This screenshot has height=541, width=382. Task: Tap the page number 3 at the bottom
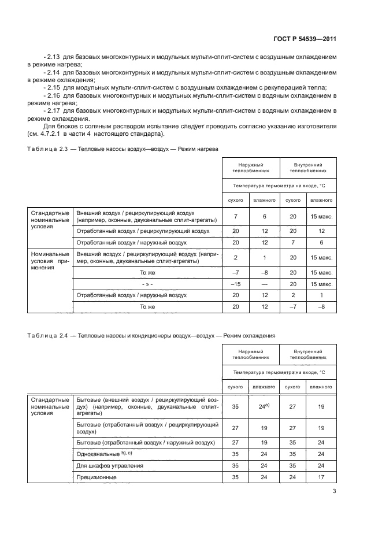click(334, 492)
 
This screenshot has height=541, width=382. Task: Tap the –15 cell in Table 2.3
click(235, 284)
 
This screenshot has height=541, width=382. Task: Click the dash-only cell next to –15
click(264, 284)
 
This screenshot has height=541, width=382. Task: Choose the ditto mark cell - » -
click(147, 284)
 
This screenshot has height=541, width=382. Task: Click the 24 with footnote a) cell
click(265, 407)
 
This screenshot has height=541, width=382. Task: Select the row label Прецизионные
click(97, 477)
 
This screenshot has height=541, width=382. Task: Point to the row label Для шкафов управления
click(110, 465)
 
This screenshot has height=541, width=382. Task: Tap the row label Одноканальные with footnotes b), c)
click(101, 454)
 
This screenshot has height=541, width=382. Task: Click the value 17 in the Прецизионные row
click(321, 477)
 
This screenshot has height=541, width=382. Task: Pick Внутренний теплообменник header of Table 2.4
click(307, 354)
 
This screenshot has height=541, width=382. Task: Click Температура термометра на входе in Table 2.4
click(279, 373)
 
